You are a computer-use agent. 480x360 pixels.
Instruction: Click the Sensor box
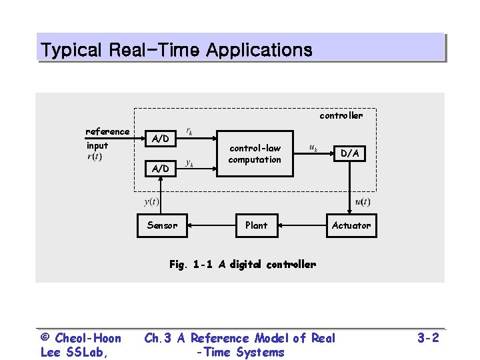point(162,225)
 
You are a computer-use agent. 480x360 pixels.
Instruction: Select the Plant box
point(256,225)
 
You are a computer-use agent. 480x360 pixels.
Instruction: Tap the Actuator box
point(351,225)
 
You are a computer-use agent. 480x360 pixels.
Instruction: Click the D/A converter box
point(350,153)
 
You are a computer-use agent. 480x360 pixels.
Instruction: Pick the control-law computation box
point(255,154)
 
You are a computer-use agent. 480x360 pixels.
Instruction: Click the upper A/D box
point(160,139)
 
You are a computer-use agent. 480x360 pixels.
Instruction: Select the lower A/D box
point(160,169)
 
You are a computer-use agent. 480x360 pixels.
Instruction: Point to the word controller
point(341,116)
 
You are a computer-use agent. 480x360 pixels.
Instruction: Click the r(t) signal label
point(95,157)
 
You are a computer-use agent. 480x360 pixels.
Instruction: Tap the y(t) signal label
point(151,201)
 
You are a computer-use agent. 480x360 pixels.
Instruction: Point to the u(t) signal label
point(363,201)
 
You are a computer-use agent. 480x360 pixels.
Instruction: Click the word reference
point(107,131)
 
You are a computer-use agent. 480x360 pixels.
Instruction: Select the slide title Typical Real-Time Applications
point(176,49)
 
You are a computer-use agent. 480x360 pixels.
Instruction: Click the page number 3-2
point(428,338)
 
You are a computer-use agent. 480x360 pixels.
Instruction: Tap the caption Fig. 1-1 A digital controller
point(242,264)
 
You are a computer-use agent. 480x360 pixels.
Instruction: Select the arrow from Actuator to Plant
point(303,225)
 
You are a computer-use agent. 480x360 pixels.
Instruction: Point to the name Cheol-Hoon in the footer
point(88,338)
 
